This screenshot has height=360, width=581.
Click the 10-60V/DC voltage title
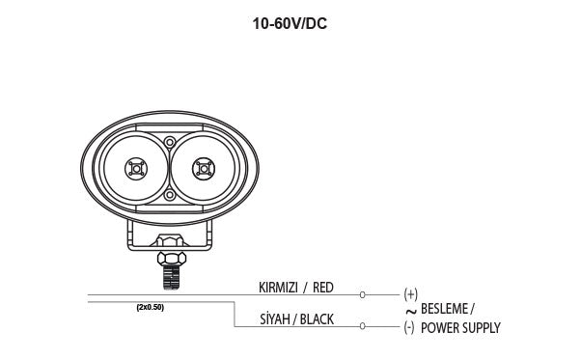[290, 24]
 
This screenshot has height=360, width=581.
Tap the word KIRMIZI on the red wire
[278, 288]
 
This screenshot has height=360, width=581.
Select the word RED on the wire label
[323, 288]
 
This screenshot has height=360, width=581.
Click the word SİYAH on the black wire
[274, 318]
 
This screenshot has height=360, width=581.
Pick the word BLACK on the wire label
[317, 319]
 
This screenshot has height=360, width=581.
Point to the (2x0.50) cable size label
[150, 308]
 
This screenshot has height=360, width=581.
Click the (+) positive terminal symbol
[410, 294]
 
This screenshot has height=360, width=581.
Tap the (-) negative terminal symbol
[409, 327]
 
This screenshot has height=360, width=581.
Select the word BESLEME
[444, 309]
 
